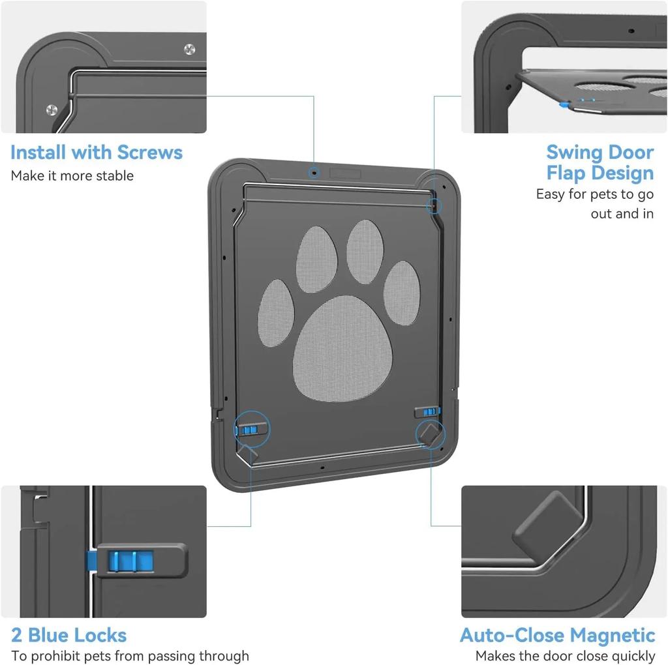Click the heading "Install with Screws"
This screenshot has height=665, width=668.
click(x=97, y=153)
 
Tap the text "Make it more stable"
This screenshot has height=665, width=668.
click(x=72, y=176)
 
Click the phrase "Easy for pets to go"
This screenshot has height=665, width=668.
click(x=594, y=194)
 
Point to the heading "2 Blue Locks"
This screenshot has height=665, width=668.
click(x=68, y=635)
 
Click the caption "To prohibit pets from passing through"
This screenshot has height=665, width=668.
click(x=130, y=656)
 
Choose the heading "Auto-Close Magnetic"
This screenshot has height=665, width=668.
click(x=557, y=635)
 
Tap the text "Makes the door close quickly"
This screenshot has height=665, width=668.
click(x=565, y=656)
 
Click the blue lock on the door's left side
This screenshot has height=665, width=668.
click(x=250, y=430)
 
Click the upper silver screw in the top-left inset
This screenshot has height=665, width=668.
click(x=189, y=49)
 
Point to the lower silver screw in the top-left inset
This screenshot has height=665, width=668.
click(x=52, y=110)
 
